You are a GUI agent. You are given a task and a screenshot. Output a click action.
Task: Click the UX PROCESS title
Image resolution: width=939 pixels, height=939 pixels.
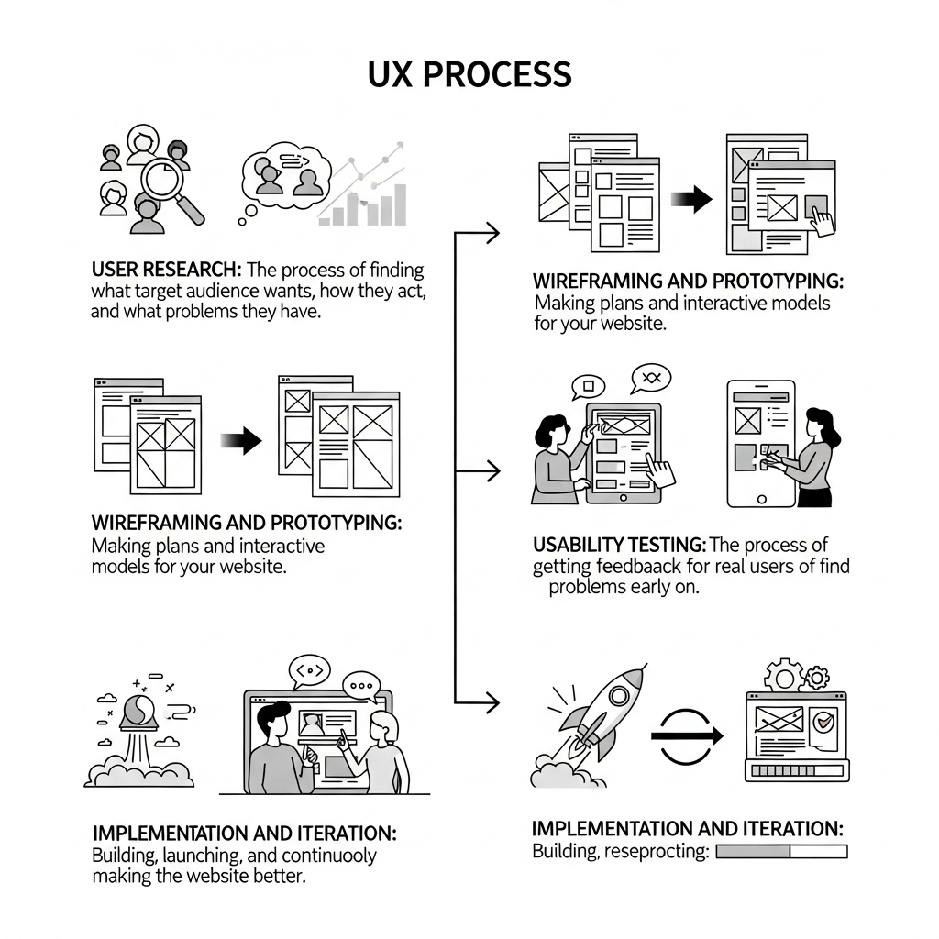tap(469, 74)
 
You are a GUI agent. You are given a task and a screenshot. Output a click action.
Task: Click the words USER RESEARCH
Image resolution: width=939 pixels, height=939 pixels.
tap(166, 271)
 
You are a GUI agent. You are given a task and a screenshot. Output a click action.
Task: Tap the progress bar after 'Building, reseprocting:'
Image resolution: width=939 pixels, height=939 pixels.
tap(780, 852)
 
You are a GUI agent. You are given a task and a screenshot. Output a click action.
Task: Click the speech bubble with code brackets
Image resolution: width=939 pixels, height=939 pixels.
tap(310, 672)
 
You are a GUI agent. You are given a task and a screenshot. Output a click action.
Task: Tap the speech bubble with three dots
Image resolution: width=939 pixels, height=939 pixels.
tap(360, 685)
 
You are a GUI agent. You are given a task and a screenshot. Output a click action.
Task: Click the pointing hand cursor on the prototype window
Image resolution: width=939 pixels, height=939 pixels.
tap(823, 219)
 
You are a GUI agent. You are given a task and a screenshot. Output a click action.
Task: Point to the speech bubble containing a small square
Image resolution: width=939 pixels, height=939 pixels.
tap(588, 386)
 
